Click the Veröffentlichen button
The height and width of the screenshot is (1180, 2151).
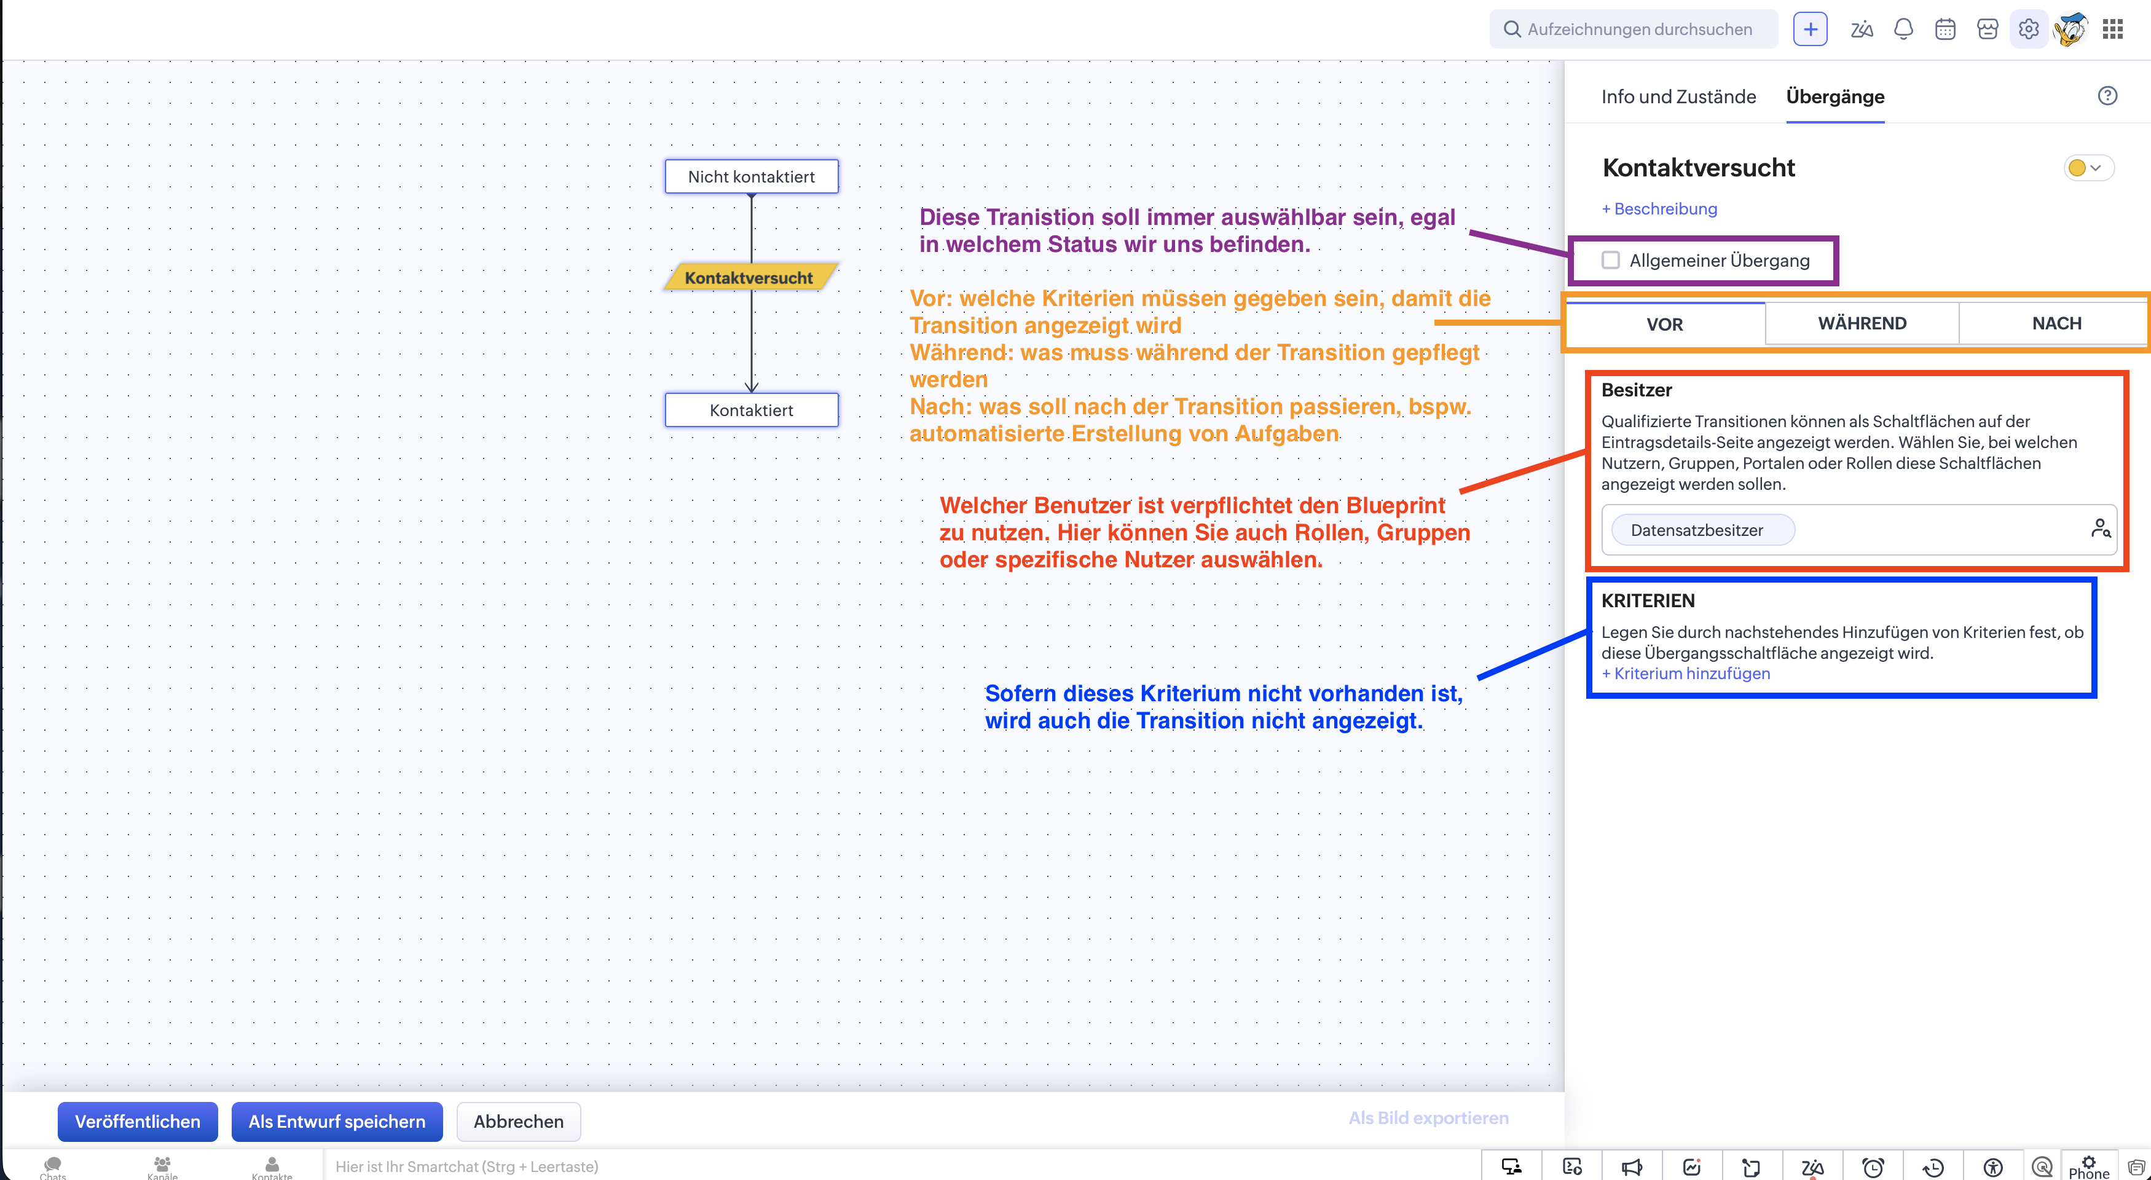coord(138,1121)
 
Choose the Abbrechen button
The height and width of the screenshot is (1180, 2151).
coord(519,1121)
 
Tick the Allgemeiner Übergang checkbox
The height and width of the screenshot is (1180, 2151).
coord(1611,261)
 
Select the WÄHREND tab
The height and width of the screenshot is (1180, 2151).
coord(1862,323)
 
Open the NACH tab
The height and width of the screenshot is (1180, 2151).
coord(2056,323)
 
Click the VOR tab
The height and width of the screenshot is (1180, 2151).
coord(1665,324)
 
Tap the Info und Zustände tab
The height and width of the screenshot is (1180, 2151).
coord(1678,97)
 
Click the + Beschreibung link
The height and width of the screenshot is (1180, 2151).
coord(1659,209)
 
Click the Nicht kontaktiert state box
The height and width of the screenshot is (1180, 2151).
coord(752,176)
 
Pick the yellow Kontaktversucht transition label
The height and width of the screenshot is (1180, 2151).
coord(749,277)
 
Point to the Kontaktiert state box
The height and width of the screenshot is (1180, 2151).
coord(752,410)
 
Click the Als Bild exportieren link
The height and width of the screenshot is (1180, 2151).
coord(1429,1118)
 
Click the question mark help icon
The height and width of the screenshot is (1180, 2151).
coord(2107,96)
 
